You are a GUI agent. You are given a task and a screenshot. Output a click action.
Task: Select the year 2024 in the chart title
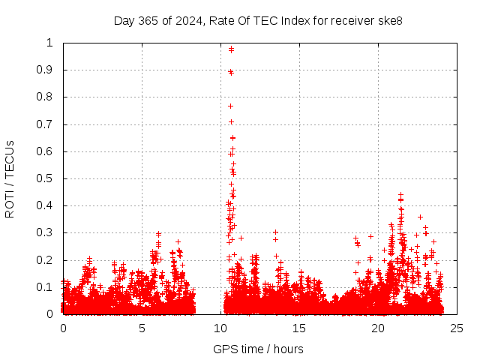click(185, 21)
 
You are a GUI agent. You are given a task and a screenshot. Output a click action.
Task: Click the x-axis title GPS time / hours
click(258, 349)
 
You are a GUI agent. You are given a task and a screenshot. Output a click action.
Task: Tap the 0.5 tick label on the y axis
click(46, 178)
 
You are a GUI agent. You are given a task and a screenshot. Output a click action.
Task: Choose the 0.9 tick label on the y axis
click(46, 70)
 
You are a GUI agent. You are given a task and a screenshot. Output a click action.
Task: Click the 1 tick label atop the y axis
click(52, 43)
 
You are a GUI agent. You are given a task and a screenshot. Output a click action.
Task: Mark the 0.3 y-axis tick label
click(46, 232)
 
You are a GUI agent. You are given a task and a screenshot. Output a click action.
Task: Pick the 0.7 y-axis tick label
click(46, 124)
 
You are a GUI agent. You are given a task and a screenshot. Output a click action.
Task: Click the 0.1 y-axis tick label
click(46, 287)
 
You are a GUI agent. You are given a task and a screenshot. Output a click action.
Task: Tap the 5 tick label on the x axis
click(142, 328)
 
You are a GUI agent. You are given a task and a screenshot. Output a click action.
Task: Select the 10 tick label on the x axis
click(220, 328)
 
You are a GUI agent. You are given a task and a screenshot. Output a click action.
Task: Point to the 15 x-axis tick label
click(299, 328)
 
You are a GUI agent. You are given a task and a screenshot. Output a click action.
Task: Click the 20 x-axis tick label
click(378, 328)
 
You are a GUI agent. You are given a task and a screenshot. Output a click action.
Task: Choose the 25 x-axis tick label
click(457, 328)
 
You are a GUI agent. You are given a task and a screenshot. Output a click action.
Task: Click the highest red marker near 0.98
click(231, 49)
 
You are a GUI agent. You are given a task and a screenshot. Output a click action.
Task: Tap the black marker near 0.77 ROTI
click(230, 106)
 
